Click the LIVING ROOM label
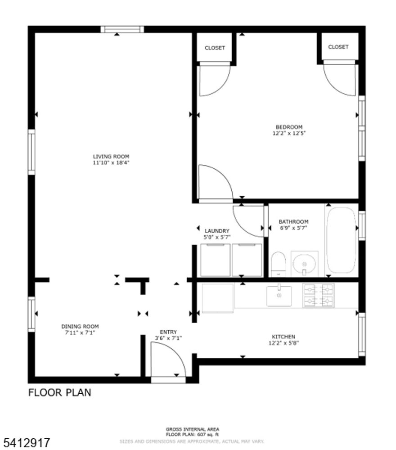click(111, 157)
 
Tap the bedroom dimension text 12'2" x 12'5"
click(289, 133)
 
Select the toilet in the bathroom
click(279, 264)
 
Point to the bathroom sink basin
click(304, 263)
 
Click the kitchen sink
click(279, 296)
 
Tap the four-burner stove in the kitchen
click(318, 296)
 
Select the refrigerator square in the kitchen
click(217, 297)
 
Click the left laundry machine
click(215, 260)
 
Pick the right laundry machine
click(247, 260)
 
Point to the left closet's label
click(215, 48)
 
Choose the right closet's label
click(338, 47)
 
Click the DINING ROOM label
click(80, 326)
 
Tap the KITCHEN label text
click(283, 337)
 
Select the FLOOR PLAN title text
click(59, 392)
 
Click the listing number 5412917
click(27, 442)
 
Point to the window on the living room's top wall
click(122, 30)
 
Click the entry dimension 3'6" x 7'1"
click(168, 338)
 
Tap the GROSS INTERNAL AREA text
click(192, 429)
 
